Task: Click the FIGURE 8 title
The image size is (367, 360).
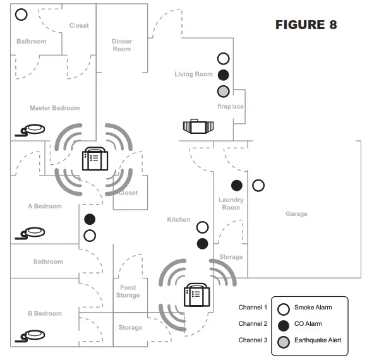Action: (306, 25)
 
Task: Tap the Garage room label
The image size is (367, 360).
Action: (296, 214)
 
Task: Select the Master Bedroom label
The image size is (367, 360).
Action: (55, 108)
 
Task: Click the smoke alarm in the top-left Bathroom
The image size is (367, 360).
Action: (21, 15)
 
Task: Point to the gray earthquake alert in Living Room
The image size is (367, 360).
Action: (223, 90)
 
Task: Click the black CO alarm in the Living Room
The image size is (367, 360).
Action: (223, 75)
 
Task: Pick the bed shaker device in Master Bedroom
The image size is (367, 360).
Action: (32, 130)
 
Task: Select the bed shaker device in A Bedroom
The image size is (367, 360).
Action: (32, 232)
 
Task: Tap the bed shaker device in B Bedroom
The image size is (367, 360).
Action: (32, 335)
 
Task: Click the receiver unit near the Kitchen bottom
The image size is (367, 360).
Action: (196, 294)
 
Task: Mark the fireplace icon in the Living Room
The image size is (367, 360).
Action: (198, 127)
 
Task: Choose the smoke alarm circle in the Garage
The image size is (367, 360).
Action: (258, 186)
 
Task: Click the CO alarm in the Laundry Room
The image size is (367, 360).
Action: (237, 186)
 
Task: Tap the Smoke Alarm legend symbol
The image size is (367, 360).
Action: (284, 309)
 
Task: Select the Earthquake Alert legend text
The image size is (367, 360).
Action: (318, 340)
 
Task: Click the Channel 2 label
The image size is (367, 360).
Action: (253, 324)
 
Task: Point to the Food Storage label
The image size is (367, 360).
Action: (128, 291)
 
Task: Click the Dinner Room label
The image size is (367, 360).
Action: (122, 45)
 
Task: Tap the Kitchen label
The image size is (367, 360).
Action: (179, 220)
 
